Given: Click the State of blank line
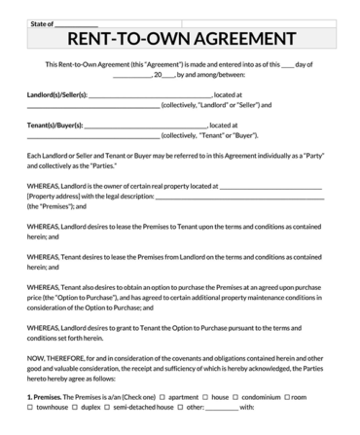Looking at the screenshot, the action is tap(77, 20).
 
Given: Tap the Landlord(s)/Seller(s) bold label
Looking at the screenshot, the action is tap(57, 94).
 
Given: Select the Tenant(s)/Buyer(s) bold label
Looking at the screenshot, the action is tap(54, 126).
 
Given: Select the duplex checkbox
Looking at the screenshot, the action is tap(77, 409).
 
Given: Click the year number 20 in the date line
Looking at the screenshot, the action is tap(155, 74).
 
